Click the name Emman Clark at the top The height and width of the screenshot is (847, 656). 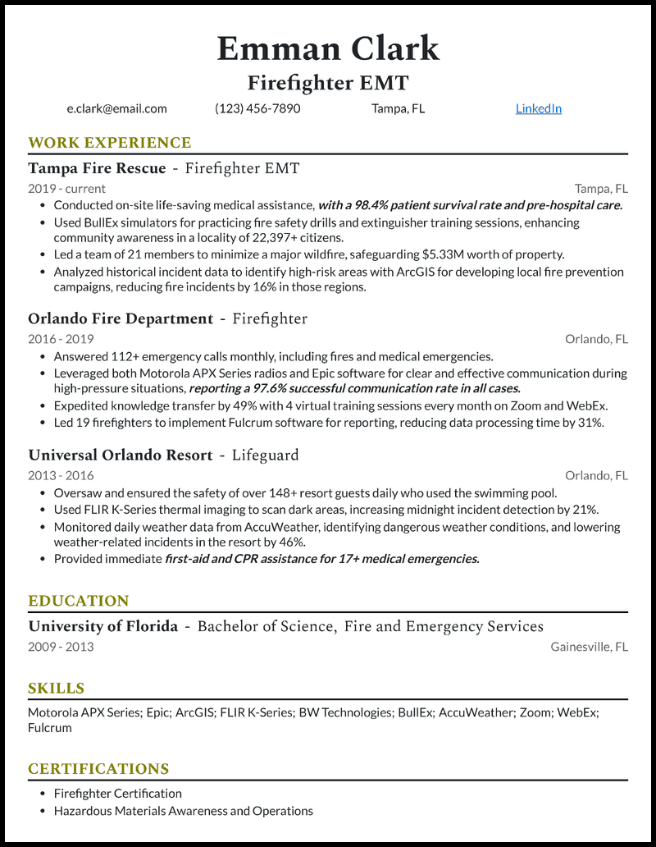pyautogui.click(x=328, y=48)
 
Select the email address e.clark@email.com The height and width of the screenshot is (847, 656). pyautogui.click(x=117, y=108)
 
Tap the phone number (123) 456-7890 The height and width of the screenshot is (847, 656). pyautogui.click(x=257, y=108)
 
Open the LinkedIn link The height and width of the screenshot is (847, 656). pyautogui.click(x=538, y=108)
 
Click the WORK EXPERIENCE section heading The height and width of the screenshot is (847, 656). pyautogui.click(x=109, y=143)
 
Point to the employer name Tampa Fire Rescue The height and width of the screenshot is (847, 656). pyautogui.click(x=97, y=168)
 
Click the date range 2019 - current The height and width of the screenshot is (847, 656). pyautogui.click(x=66, y=188)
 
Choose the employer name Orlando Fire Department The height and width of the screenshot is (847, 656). pyautogui.click(x=121, y=318)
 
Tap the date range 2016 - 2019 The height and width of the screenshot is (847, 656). pyautogui.click(x=61, y=339)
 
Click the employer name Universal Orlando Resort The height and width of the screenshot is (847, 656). pyautogui.click(x=121, y=455)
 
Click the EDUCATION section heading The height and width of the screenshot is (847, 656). pyautogui.click(x=79, y=601)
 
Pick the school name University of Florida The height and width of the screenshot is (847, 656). pyautogui.click(x=102, y=626)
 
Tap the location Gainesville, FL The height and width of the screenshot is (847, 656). pyautogui.click(x=589, y=647)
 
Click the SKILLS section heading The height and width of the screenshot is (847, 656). pyautogui.click(x=57, y=689)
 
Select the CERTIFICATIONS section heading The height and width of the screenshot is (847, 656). pyautogui.click(x=98, y=769)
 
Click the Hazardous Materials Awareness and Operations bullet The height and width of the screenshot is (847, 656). pyautogui.click(x=183, y=811)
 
